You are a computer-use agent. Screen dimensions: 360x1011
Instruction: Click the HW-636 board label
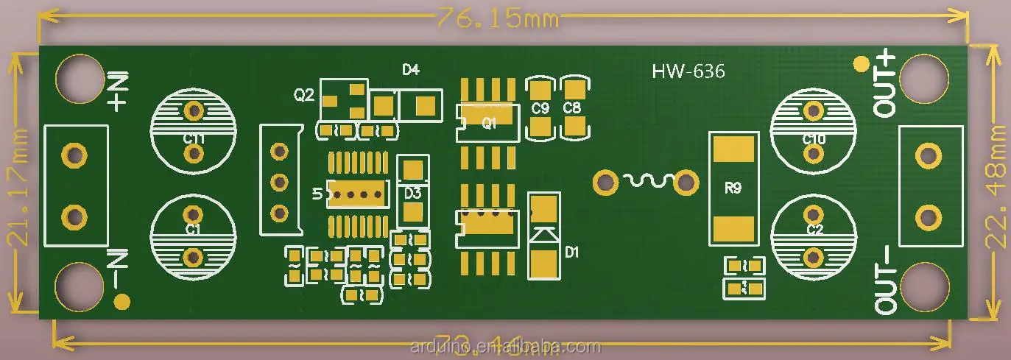688,71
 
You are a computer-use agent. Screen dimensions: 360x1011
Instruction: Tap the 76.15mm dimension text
498,19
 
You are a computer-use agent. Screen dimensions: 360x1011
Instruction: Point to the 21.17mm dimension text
17,186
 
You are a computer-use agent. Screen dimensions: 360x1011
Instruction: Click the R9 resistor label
733,188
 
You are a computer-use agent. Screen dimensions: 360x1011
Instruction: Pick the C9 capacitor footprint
540,109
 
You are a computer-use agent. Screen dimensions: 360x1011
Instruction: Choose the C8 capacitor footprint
572,109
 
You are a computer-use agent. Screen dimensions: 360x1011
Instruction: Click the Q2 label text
303,95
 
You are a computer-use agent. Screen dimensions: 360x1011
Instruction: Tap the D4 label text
411,70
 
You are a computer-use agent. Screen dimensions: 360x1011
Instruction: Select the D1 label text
572,253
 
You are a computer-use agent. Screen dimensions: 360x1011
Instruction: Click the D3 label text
412,194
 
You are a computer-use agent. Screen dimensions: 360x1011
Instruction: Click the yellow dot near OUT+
861,64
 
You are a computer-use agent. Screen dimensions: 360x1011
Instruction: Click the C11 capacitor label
194,138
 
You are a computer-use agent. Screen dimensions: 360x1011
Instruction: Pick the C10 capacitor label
814,139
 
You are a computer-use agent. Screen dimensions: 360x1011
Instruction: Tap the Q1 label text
489,124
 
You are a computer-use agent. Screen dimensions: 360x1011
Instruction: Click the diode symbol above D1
544,235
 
